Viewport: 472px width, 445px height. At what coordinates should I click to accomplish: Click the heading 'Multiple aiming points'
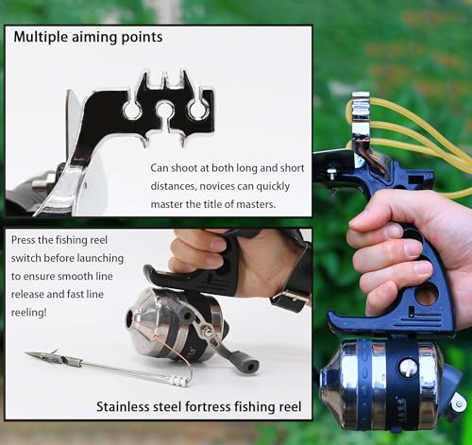[88, 38]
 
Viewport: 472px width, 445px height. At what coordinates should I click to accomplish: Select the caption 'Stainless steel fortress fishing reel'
[198, 407]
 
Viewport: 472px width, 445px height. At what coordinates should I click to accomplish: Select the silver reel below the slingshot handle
[378, 383]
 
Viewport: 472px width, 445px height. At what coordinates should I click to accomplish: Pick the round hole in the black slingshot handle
[428, 294]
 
